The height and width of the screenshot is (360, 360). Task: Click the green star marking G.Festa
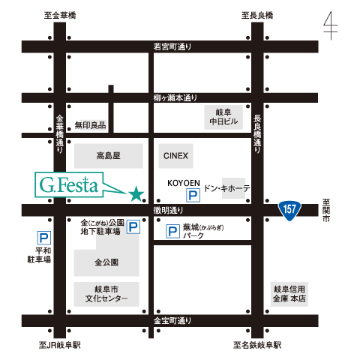pos(136,193)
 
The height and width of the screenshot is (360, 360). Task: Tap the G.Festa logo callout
pos(69,184)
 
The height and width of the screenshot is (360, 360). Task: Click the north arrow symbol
pos(331,25)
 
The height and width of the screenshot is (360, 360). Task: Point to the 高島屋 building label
pos(108,156)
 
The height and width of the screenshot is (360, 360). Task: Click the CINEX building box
pos(175,156)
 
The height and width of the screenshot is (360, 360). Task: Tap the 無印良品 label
pos(90,124)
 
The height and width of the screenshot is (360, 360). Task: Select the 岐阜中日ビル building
pos(223,117)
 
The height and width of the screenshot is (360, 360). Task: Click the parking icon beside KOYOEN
pos(193,195)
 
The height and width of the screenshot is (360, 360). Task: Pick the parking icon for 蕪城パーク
pos(172,231)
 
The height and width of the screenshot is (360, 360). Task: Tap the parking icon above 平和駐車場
pos(44,238)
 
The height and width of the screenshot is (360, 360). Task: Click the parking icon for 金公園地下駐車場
pos(133,226)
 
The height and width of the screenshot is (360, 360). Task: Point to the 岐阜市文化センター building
pos(106,294)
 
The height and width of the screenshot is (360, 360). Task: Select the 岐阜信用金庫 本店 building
pos(289,294)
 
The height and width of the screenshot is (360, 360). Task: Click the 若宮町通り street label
pos(172,46)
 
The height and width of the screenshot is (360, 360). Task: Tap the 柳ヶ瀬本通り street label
pos(175,97)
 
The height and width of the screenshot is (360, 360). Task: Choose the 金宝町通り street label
pos(172,321)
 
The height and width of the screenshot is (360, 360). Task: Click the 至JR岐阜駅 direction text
pos(60,345)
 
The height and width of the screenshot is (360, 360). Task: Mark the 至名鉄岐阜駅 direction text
pos(257,345)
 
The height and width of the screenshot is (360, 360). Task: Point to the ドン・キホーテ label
pos(227,188)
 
